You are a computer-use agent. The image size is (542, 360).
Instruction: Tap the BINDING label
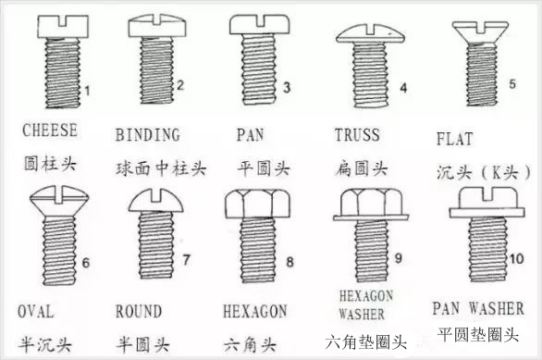pos(148,136)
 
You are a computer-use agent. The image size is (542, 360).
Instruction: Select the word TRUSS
pos(357,135)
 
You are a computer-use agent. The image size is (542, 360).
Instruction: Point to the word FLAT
pos(453,140)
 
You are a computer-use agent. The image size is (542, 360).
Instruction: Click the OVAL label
pos(35,310)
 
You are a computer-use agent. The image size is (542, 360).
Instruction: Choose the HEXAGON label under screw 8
pos(255,310)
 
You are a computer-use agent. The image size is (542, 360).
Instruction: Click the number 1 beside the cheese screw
pos(84,90)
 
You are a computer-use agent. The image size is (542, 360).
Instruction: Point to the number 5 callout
pos(513,83)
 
